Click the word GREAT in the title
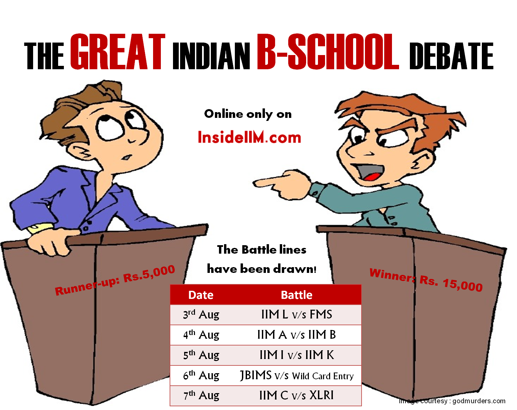(118, 52)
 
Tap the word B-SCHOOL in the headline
(328, 52)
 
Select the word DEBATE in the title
(451, 56)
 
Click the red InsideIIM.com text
(249, 137)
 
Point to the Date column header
(201, 295)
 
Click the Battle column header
(296, 295)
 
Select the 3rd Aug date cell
(201, 315)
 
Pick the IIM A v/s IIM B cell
(296, 335)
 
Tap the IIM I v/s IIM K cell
(296, 355)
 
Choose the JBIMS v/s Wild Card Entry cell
(297, 376)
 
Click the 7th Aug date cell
(201, 395)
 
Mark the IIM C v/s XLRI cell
(296, 395)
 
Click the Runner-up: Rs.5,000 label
(115, 280)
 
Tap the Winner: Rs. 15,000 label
(426, 280)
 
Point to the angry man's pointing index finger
(267, 182)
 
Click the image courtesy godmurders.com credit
(452, 401)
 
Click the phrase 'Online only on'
(248, 114)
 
